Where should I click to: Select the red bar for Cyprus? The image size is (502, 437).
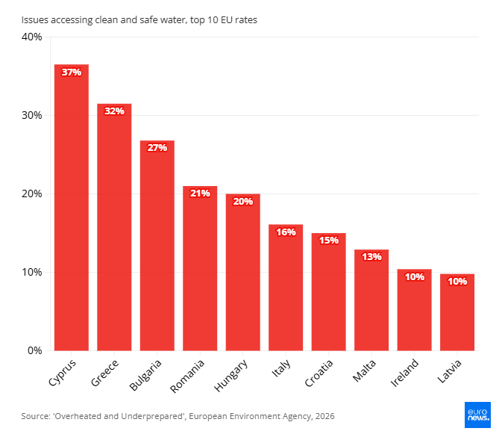[72, 208]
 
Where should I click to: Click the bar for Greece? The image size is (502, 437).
[114, 227]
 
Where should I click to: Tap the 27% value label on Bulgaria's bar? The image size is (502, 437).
[157, 148]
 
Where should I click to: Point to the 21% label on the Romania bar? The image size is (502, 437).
[200, 193]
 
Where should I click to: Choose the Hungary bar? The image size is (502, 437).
[243, 272]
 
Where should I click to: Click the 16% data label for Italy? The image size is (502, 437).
[286, 232]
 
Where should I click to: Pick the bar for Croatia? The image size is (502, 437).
[329, 292]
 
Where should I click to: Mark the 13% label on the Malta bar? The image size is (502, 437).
[371, 257]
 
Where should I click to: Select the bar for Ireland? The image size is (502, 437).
[415, 310]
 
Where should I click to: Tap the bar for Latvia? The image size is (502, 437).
[457, 312]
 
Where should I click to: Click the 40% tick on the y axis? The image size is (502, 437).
[31, 37]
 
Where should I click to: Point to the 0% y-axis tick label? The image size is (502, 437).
[34, 350]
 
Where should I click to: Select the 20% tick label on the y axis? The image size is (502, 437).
[31, 193]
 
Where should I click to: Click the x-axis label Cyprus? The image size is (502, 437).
[63, 373]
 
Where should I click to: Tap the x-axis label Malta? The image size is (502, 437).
[364, 371]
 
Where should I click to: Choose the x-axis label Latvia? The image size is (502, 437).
[450, 371]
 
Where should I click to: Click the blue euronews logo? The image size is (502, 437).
[477, 415]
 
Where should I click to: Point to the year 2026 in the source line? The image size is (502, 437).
[324, 416]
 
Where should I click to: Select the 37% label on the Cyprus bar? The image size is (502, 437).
[72, 72]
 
